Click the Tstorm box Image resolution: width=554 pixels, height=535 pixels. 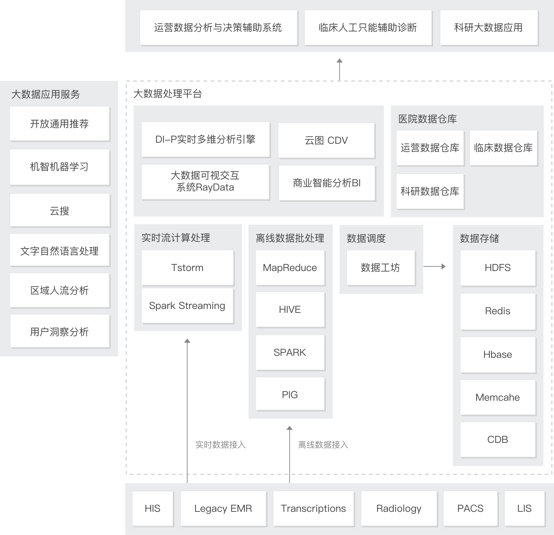click(x=187, y=267)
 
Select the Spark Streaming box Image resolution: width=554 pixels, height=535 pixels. click(x=187, y=305)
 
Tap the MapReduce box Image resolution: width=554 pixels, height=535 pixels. click(x=290, y=267)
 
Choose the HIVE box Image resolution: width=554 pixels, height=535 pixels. click(x=290, y=309)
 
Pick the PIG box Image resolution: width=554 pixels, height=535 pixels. click(x=290, y=394)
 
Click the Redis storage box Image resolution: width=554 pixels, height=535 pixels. click(x=498, y=311)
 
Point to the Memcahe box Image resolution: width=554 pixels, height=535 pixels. click(x=498, y=397)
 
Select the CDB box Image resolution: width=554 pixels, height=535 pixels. click(x=498, y=439)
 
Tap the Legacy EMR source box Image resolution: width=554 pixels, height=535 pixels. click(x=223, y=508)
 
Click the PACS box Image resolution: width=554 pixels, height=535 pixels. click(x=470, y=508)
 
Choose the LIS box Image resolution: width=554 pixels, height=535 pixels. click(x=524, y=508)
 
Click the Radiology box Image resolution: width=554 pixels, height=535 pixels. click(x=399, y=508)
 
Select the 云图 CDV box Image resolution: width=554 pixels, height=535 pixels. click(x=326, y=140)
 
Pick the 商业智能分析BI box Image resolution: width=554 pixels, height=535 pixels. click(x=327, y=183)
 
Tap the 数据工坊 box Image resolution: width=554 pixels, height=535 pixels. click(x=381, y=267)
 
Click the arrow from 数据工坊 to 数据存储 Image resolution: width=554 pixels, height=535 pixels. click(x=434, y=266)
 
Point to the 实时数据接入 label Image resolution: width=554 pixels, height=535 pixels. click(x=220, y=445)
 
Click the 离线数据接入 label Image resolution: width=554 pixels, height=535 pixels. click(x=323, y=445)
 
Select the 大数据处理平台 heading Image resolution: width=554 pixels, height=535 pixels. click(x=168, y=94)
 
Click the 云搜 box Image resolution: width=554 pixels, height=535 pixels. click(x=60, y=211)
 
